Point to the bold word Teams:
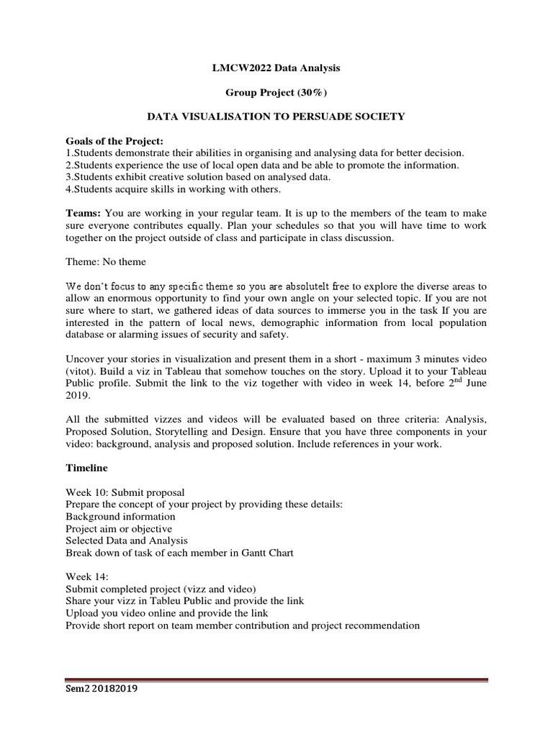[84, 213]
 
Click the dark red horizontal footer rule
[276, 679]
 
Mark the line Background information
[120, 517]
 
